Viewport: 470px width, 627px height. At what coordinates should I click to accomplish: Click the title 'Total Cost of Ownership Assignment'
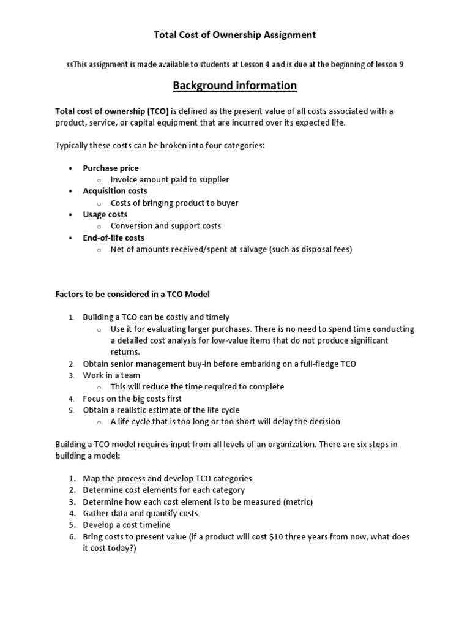(x=234, y=35)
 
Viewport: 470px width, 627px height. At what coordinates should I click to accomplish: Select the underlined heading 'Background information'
(x=234, y=86)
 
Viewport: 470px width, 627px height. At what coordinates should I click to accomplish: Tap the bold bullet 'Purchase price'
(x=111, y=168)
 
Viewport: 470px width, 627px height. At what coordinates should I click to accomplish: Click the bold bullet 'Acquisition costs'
(x=115, y=191)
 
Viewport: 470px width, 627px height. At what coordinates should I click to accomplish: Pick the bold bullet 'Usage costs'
(x=105, y=214)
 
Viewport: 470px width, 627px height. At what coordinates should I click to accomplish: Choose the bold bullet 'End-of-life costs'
(x=114, y=238)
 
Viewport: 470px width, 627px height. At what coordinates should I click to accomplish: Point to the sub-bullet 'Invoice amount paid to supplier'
(x=170, y=179)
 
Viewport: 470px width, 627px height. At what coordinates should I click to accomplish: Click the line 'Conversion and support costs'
(x=166, y=226)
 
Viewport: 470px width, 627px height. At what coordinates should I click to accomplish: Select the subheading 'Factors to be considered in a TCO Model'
(x=132, y=294)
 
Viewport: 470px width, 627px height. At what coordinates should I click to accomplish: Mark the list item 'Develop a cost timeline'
(x=127, y=525)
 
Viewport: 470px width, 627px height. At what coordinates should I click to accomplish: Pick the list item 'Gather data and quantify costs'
(x=140, y=513)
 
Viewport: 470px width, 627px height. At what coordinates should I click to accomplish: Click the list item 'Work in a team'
(x=111, y=375)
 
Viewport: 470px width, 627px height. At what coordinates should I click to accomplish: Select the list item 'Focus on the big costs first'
(x=133, y=399)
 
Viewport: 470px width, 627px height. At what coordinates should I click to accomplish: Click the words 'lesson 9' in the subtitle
(x=387, y=64)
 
